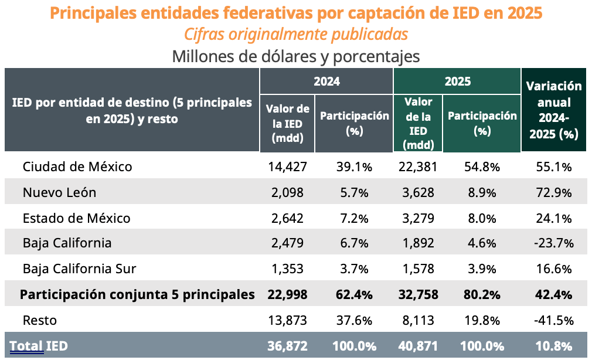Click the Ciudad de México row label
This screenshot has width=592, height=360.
tap(77, 167)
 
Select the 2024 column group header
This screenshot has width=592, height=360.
tap(326, 81)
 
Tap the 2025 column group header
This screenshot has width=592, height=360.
tap(457, 81)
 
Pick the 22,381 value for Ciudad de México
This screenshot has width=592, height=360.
tap(418, 167)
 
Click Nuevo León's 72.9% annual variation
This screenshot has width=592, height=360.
tap(554, 192)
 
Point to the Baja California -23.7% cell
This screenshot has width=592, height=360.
tap(554, 243)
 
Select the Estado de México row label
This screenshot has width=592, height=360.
tap(76, 218)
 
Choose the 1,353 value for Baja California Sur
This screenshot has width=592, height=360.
tap(286, 269)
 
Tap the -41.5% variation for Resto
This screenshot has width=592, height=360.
tap(554, 320)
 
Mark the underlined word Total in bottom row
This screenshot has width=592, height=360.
tap(27, 347)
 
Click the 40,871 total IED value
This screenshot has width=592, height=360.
tap(418, 347)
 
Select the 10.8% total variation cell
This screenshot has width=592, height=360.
tap(554, 347)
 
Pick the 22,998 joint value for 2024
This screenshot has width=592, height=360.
tap(286, 294)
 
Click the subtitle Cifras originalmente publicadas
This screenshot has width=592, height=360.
tap(296, 35)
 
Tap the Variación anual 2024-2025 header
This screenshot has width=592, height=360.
tap(554, 110)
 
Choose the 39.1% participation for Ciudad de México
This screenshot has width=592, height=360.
tap(354, 167)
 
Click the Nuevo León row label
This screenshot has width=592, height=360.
tap(59, 192)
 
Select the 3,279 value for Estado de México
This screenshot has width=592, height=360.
tap(418, 218)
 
